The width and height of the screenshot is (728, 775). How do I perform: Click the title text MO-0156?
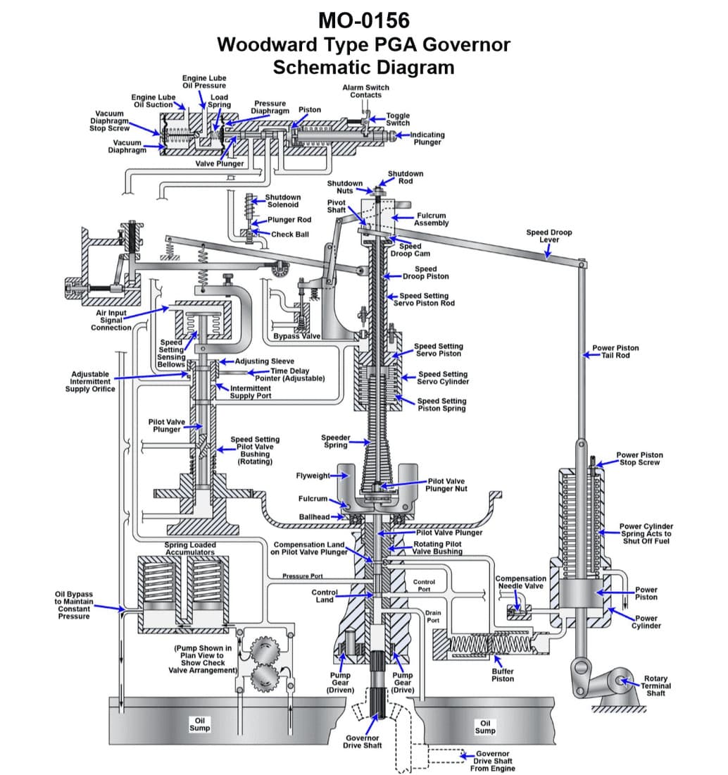363,19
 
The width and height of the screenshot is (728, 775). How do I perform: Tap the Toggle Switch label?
398,118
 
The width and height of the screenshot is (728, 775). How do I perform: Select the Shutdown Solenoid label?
282,201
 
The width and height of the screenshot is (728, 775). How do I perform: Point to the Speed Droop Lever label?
549,235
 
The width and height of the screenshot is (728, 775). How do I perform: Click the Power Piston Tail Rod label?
615,351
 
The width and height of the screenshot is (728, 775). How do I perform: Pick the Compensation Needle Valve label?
521,582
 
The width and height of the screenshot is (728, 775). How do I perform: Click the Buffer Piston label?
503,675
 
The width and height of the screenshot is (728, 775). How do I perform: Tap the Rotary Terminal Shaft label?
655,686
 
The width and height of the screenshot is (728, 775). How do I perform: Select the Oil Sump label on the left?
200,724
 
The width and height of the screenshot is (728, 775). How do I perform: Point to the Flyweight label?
313,476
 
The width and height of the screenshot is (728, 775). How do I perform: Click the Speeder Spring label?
336,441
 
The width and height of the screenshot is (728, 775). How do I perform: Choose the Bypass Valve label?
296,336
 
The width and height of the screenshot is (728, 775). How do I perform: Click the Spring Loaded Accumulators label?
190,548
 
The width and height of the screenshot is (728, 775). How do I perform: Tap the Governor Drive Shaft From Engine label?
493,761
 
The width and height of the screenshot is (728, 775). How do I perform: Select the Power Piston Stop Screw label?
639,459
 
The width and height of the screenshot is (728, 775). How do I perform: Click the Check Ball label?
290,234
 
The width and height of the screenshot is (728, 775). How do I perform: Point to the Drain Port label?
433,616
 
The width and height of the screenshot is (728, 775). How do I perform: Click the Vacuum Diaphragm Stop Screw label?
109,120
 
